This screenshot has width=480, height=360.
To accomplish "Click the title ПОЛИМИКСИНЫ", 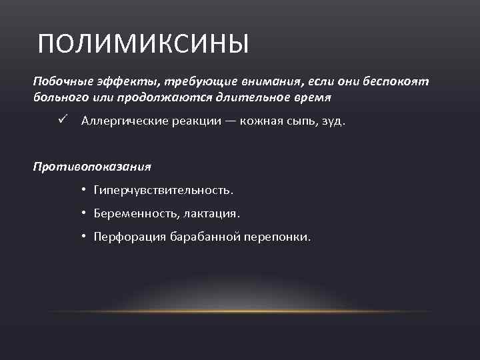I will tap(143, 45).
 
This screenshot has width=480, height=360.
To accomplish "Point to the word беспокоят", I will tap(397, 81).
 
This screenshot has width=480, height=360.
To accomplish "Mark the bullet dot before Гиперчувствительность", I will tap(85, 190).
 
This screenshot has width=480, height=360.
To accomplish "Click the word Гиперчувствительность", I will tap(163, 191).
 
